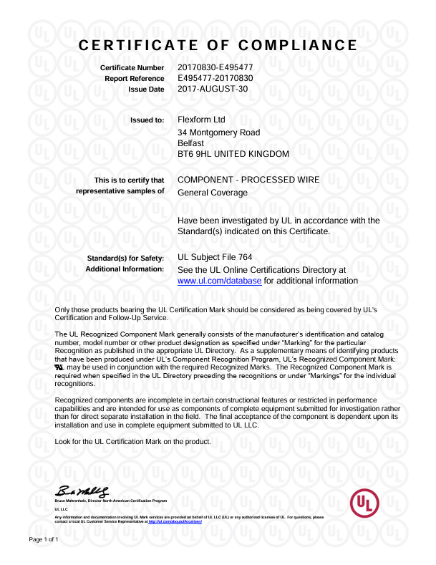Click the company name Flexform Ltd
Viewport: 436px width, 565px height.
coord(201,120)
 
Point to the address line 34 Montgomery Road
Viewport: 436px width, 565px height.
coord(218,132)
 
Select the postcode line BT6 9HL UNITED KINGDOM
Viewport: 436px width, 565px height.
coord(233,154)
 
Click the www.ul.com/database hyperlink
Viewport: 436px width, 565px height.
coord(219,281)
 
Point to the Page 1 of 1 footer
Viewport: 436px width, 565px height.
coord(44,539)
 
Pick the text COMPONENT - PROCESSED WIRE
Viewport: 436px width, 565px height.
coord(248,180)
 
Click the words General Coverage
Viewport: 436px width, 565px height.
coord(212,193)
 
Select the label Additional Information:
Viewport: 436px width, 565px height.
coord(125,269)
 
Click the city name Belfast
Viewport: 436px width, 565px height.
coord(190,143)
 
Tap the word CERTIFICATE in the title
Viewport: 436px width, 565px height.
coord(143,46)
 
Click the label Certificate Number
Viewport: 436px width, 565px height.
coord(132,67)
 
